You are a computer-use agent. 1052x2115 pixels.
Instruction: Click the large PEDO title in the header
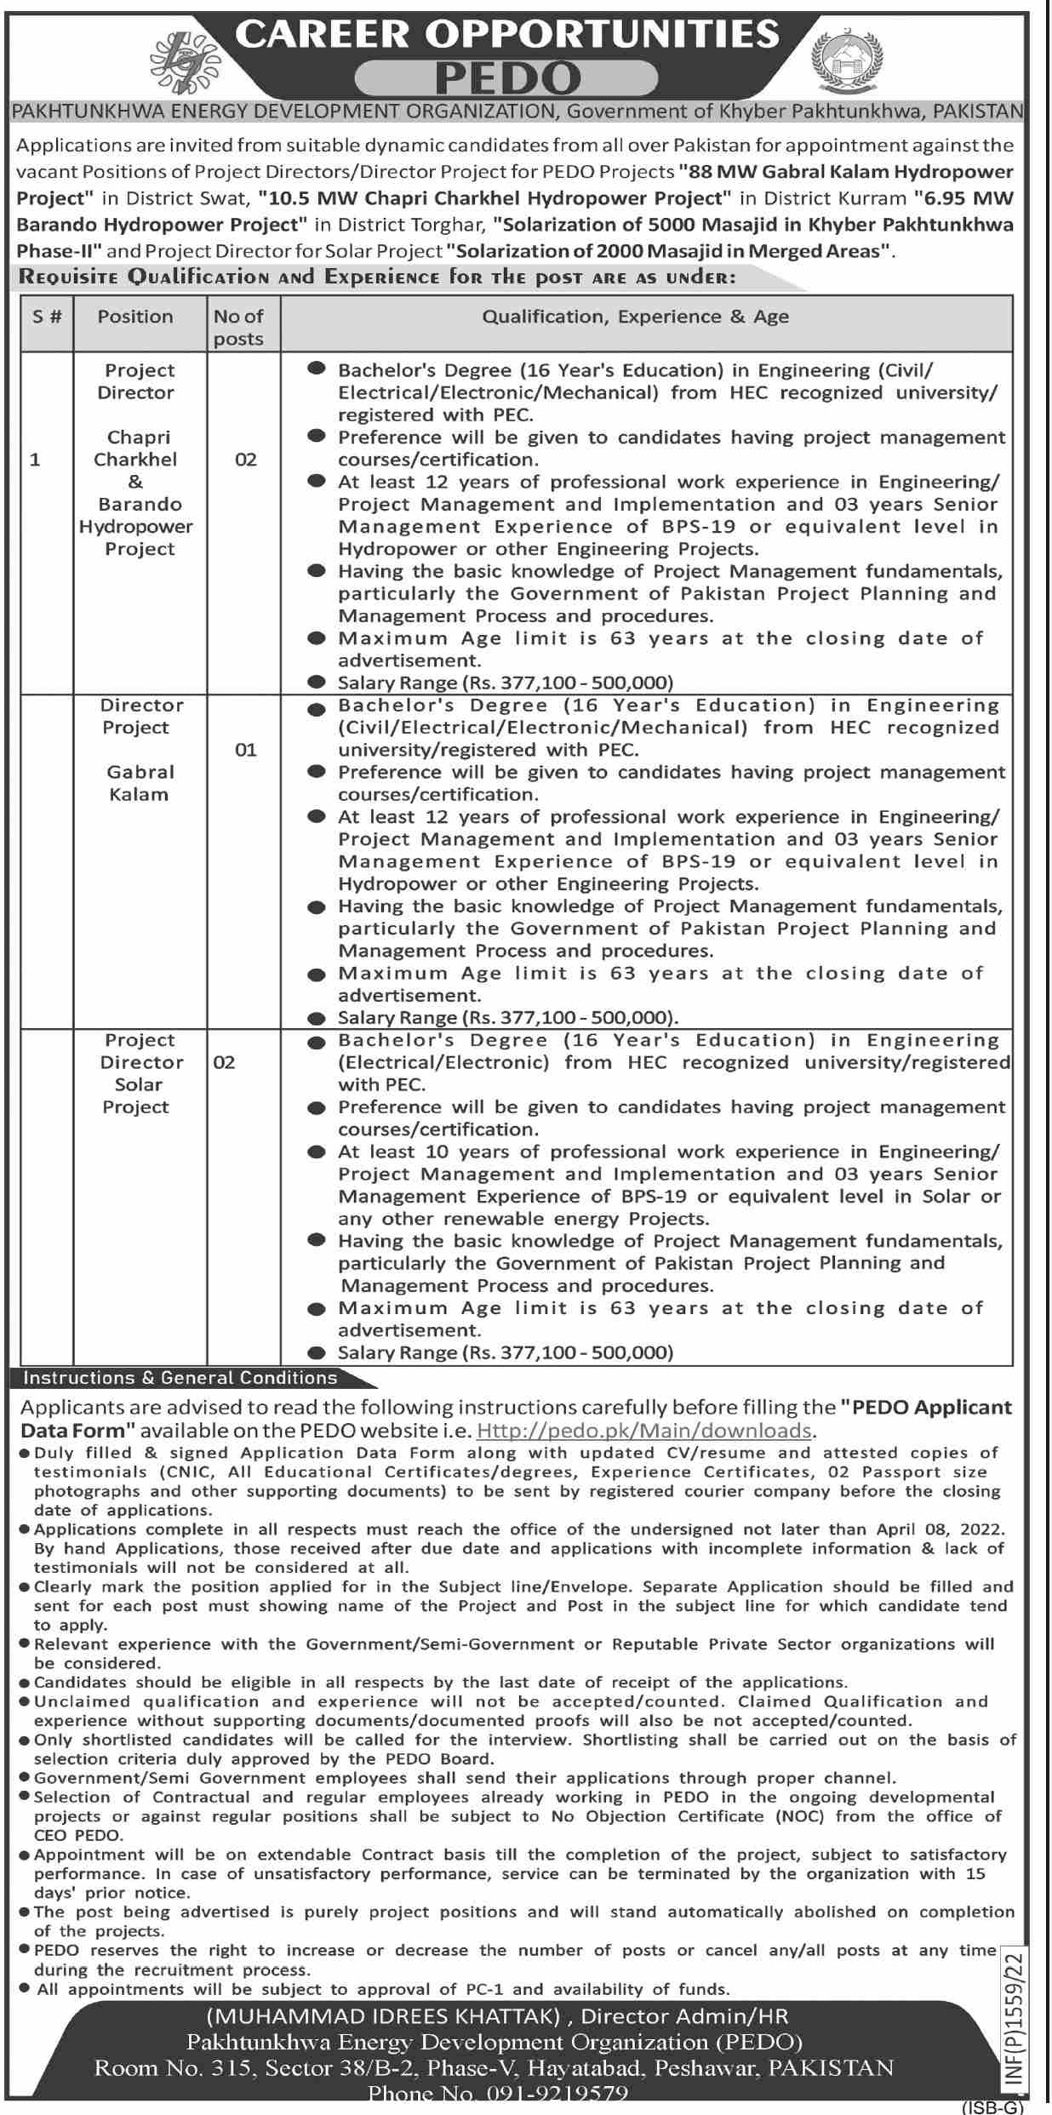coord(507,79)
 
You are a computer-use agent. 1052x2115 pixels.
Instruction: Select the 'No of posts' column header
coord(238,327)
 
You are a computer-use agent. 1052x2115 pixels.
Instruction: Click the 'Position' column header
coord(134,317)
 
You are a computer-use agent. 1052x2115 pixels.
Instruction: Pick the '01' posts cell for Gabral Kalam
coord(245,750)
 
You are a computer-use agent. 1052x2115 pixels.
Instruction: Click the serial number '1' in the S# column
coord(35,460)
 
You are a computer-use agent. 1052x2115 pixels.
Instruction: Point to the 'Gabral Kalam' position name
coord(140,783)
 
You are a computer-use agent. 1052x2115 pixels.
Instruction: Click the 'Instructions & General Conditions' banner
coord(180,1377)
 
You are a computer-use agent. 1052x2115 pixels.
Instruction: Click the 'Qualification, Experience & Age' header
coord(635,317)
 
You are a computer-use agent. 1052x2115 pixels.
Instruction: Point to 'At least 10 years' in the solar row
coord(413,1152)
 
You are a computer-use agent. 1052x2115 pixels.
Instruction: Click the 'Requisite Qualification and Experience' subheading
coord(376,277)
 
